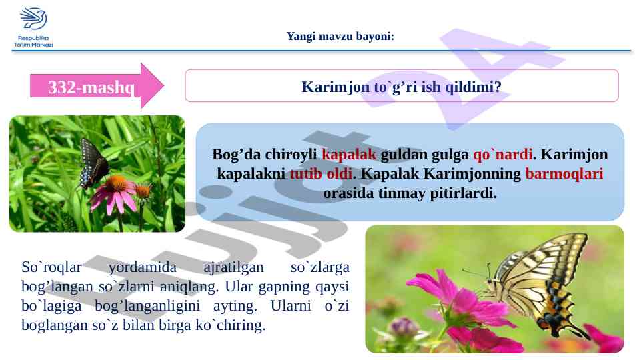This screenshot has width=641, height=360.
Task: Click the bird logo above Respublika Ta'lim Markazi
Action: (x=33, y=19)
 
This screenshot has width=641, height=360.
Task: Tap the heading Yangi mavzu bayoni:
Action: (x=340, y=37)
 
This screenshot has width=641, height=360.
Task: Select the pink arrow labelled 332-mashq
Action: (x=97, y=86)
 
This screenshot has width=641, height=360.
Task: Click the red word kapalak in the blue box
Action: (x=349, y=154)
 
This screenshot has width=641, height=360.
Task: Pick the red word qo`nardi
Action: (x=503, y=154)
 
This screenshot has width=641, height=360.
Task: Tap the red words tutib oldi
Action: (x=322, y=173)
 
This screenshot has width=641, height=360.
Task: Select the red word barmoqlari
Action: (x=564, y=173)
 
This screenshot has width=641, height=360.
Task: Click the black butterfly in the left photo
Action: (x=93, y=163)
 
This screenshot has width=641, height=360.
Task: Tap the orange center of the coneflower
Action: (x=117, y=182)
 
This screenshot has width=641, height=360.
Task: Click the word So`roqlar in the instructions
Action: (x=52, y=267)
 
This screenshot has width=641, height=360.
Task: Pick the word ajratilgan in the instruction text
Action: (x=234, y=267)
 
